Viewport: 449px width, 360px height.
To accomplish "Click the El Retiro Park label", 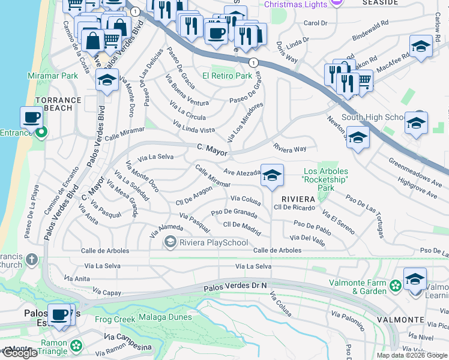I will pyautogui.click(x=227, y=76).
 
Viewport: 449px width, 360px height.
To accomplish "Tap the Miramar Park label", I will pyautogui.click(x=53, y=76).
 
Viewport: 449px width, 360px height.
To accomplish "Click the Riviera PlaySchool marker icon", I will pyautogui.click(x=170, y=242).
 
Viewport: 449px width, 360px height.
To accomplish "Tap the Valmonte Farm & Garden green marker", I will pyautogui.click(x=396, y=286).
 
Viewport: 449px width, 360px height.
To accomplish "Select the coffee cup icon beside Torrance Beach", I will pyautogui.click(x=31, y=117).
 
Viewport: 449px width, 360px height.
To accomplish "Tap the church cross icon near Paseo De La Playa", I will pyautogui.click(x=32, y=260).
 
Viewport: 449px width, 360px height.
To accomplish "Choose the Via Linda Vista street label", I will pyautogui.click(x=194, y=127).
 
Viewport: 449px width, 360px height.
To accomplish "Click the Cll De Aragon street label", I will pyautogui.click(x=194, y=197).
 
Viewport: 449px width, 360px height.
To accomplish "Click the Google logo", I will pyautogui.click(x=20, y=353).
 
